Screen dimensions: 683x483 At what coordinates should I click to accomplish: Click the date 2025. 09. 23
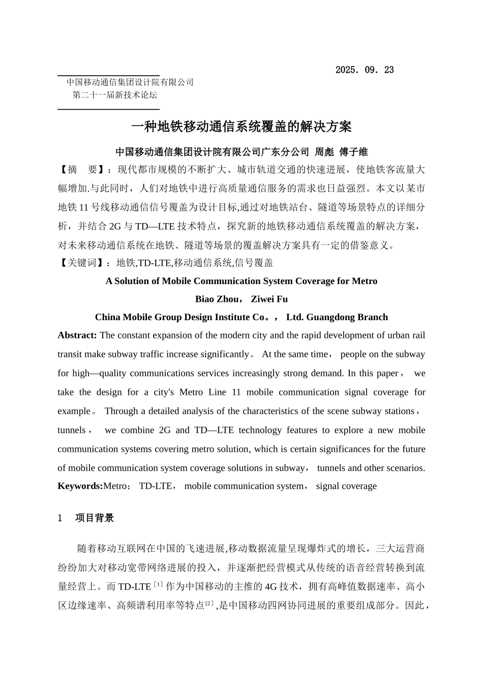(x=364, y=70)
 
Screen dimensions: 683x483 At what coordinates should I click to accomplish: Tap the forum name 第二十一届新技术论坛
(x=115, y=95)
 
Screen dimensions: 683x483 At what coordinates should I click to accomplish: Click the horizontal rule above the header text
(x=108, y=76)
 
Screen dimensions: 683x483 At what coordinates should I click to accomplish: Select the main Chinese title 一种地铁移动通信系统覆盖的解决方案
(x=241, y=127)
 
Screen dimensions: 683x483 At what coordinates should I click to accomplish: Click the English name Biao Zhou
(x=217, y=299)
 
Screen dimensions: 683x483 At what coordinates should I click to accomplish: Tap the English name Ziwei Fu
(x=269, y=299)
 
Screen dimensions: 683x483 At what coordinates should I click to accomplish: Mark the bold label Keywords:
(x=80, y=486)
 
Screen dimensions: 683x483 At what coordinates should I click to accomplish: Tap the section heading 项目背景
(x=95, y=518)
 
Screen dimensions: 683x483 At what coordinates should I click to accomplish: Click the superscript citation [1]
(x=158, y=584)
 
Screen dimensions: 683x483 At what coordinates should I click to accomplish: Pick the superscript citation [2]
(x=209, y=603)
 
